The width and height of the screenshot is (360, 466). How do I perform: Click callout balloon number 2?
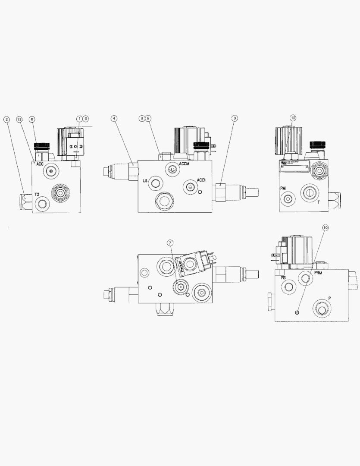point(6,119)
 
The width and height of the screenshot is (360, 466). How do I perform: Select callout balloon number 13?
point(19,119)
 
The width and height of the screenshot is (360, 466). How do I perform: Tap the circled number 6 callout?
point(32,119)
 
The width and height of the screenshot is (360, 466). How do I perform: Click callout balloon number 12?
point(293,118)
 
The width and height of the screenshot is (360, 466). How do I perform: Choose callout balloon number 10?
point(325,227)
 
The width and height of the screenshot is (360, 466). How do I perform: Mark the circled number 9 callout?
point(85,118)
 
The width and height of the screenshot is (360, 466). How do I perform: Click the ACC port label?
point(40,164)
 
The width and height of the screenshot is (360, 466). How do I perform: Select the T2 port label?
point(37,195)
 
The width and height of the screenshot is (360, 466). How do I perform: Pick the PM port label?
point(283,189)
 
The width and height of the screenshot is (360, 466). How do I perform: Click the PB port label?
point(284,277)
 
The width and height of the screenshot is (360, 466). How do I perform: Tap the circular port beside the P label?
point(322,308)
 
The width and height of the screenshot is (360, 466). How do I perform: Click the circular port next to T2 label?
point(42,204)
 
